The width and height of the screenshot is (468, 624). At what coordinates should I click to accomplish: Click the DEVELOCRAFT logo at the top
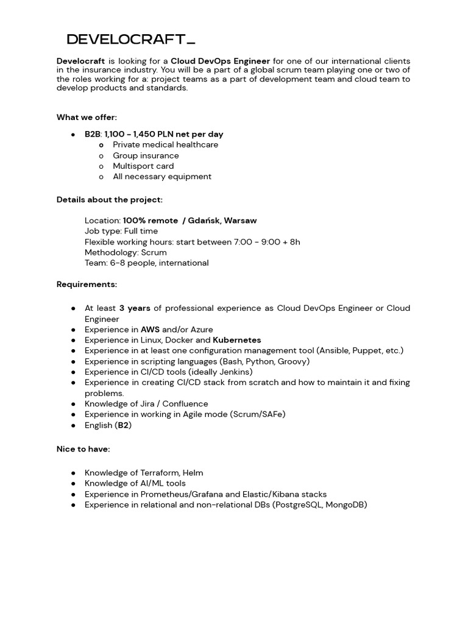pos(130,40)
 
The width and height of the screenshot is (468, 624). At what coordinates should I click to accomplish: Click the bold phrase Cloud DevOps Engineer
pos(220,61)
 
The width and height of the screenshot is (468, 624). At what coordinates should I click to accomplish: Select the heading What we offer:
pos(87,117)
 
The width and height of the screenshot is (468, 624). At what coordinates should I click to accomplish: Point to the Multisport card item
pos(143,166)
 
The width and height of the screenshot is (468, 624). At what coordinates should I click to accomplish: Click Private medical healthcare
pos(165,145)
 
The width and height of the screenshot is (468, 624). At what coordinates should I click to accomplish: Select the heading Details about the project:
pos(109,199)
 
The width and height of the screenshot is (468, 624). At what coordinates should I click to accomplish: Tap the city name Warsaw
pos(241,221)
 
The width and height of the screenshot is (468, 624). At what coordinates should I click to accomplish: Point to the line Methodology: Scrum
pos(126,252)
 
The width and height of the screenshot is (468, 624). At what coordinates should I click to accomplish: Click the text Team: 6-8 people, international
pos(146,263)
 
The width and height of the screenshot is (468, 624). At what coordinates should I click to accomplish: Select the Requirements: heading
pos(87,285)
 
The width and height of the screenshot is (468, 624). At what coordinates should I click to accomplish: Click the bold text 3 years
pos(135,308)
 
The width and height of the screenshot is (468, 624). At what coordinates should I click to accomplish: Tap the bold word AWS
pos(150,330)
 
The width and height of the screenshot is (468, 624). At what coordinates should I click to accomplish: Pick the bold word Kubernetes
pos(236,340)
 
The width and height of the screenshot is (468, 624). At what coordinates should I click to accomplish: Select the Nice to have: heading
pos(83,449)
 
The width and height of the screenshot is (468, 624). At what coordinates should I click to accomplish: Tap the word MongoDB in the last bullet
pos(346,505)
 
